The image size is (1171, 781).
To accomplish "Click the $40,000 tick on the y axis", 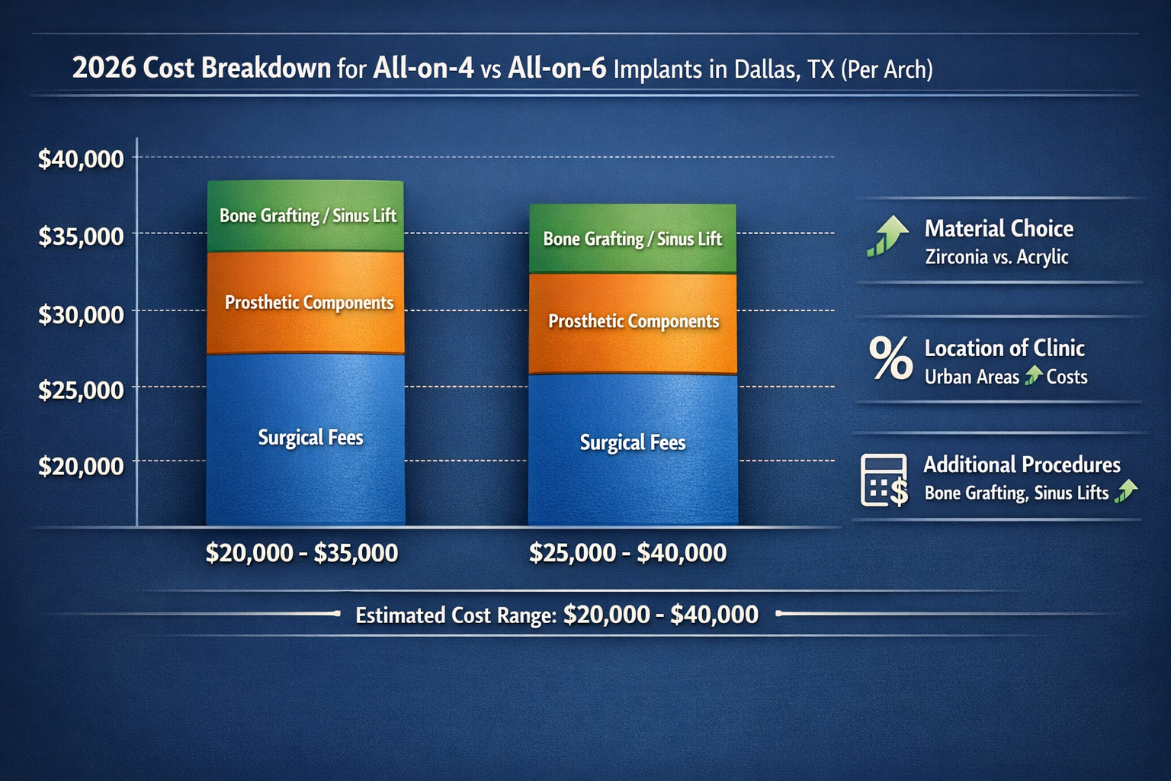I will [81, 159].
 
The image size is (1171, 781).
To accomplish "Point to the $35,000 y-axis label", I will [81, 236].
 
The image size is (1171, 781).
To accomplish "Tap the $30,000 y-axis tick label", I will [81, 314].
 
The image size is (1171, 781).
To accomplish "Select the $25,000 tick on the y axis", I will [81, 390].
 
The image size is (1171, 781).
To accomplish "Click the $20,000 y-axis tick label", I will [81, 465].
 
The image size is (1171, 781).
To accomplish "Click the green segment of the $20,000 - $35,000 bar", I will [306, 216].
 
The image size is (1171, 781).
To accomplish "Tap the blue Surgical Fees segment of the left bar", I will [306, 439].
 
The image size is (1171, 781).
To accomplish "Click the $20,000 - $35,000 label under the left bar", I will [302, 553].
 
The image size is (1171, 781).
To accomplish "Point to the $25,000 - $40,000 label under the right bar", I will [627, 553].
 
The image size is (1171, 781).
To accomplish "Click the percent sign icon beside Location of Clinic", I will [890, 358].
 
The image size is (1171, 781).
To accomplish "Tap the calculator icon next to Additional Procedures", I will [884, 480].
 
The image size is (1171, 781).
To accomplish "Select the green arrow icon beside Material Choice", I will [887, 236].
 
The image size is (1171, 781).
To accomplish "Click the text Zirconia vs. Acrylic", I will [996, 257].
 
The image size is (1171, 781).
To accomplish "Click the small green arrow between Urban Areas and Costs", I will [1033, 375].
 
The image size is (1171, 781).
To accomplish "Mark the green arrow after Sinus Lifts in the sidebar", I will [1125, 491].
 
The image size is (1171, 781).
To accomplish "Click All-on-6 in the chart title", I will [557, 69].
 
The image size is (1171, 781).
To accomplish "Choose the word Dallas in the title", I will [768, 69].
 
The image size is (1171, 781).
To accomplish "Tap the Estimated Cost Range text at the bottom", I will [557, 615].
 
